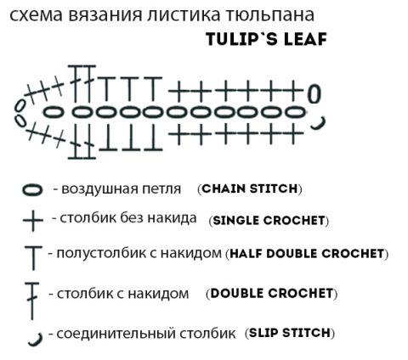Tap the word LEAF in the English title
pos(305,39)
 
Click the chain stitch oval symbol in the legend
pos(32,190)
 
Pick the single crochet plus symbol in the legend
pos(33,221)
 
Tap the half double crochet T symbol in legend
pos(33,257)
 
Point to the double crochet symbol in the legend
pos(32,300)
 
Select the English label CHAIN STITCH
pos(250,188)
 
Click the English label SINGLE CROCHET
pos(269,221)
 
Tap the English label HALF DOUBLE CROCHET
pos(307,254)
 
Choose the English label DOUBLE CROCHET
pos(272,294)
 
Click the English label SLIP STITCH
pos(290,333)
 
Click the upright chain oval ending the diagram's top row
pos(314,94)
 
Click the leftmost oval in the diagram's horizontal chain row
pos(53,113)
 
